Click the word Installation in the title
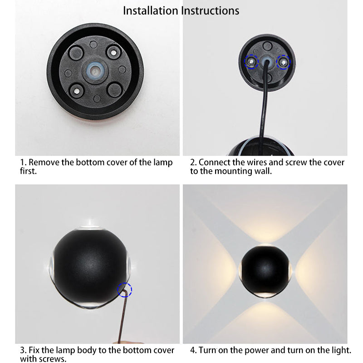point(151,11)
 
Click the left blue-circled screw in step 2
point(251,62)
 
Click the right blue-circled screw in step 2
point(283,62)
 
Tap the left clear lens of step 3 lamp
point(51,266)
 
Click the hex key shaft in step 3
point(122,317)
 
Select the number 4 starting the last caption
point(192,350)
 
